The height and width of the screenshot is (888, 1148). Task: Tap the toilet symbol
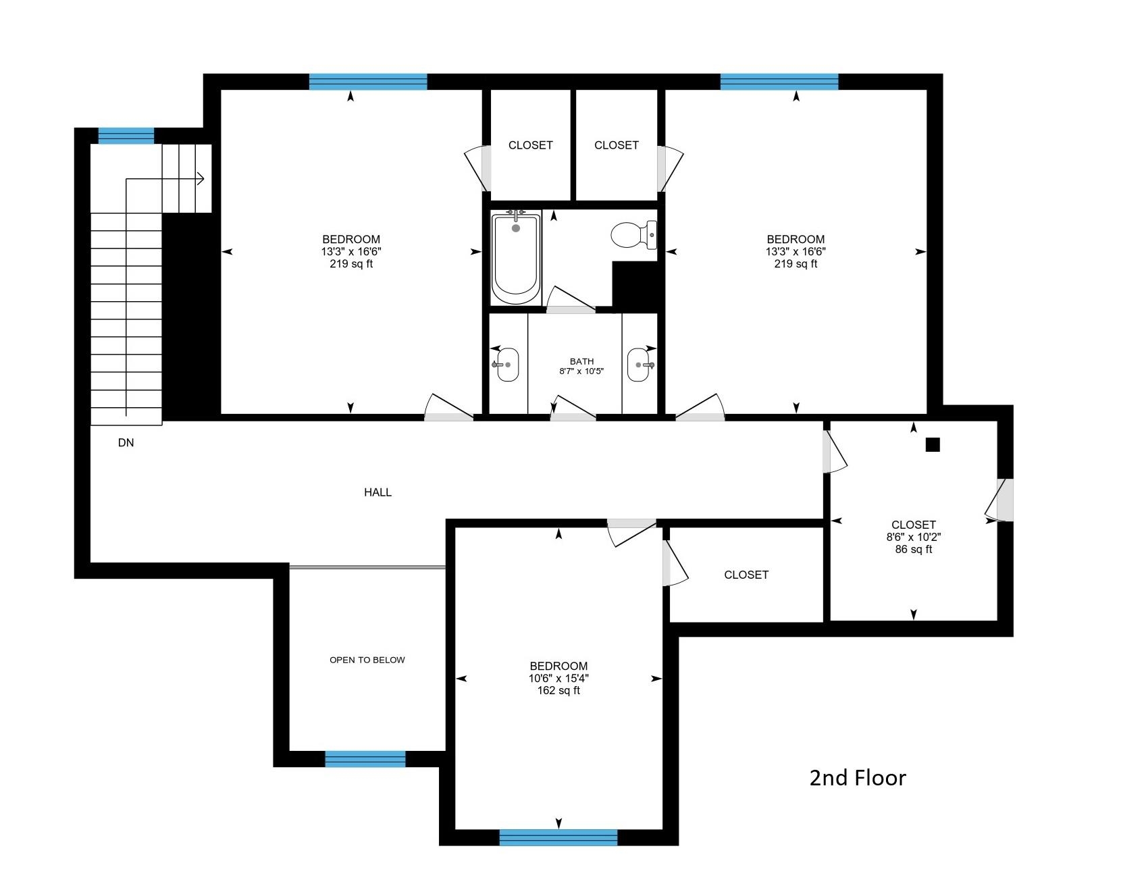point(633,234)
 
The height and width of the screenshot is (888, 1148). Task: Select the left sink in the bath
point(507,365)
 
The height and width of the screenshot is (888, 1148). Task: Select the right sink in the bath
point(638,365)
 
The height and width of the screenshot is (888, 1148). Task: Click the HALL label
point(377,492)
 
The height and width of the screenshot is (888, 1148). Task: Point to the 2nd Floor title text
point(857,778)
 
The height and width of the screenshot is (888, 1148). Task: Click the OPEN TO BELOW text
point(367,660)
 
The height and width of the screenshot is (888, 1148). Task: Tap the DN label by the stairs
point(126,443)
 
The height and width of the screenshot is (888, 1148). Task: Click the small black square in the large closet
point(932,444)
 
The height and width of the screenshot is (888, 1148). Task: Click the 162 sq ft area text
point(558,691)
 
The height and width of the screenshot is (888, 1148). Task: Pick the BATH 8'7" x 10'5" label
point(581,366)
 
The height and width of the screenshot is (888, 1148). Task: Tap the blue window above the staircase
point(126,136)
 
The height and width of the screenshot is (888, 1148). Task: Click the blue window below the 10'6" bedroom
point(558,837)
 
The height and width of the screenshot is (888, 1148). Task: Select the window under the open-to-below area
point(365,759)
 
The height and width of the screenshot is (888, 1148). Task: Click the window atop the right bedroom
point(779,82)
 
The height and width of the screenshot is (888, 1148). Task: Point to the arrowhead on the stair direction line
point(200,179)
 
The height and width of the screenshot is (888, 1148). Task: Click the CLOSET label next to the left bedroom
point(530,145)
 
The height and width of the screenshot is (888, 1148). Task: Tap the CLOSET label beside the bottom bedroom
point(746,575)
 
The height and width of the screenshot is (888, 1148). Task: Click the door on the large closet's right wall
point(1001,500)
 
